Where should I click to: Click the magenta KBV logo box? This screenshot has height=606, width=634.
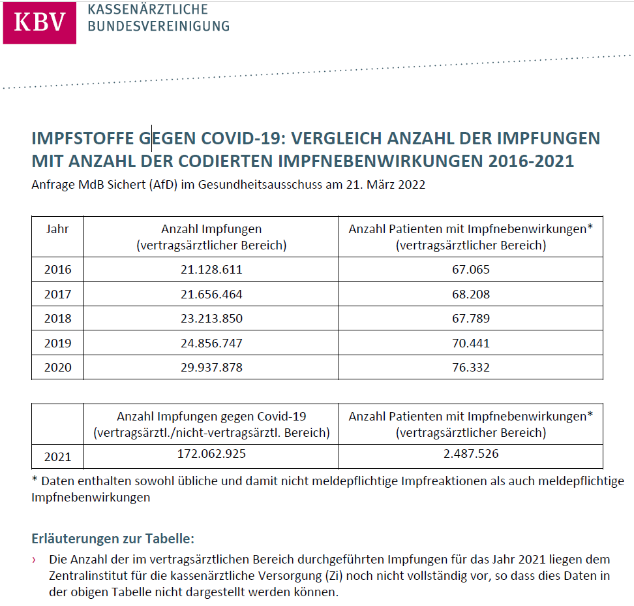[x=40, y=22]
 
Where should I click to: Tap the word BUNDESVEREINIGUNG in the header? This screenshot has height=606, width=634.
[x=158, y=26]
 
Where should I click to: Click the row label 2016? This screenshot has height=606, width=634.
[x=58, y=270]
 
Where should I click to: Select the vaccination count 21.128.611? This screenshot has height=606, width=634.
[x=211, y=270]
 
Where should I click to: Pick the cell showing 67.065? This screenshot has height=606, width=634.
[x=471, y=270]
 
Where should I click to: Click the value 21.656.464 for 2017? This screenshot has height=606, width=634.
[x=211, y=295]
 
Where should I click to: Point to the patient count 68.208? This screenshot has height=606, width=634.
[x=471, y=295]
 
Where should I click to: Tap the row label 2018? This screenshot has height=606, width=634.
[x=58, y=319]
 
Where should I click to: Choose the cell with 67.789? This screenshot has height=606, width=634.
[x=471, y=319]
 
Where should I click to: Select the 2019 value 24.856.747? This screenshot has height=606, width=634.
[x=211, y=343]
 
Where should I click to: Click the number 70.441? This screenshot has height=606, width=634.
[x=471, y=343]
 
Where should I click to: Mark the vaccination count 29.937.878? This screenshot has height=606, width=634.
[x=211, y=368]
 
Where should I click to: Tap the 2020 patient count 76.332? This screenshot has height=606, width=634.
[x=471, y=368]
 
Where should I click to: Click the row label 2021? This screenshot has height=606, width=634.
[x=58, y=456]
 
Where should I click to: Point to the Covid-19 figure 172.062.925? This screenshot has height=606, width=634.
[x=211, y=453]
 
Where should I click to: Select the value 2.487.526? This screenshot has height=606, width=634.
[x=471, y=453]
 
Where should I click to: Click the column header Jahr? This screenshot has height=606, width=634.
[x=57, y=229]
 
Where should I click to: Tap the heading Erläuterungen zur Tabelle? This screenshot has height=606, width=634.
[x=113, y=539]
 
